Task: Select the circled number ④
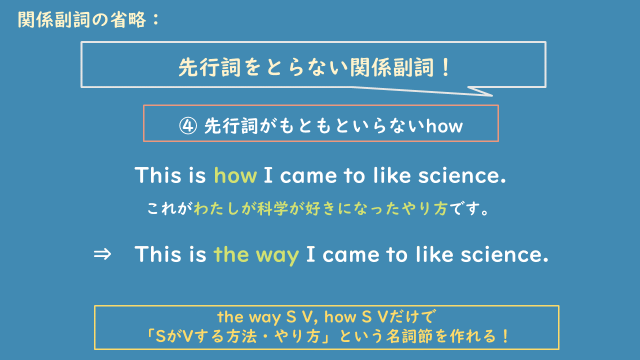[x=188, y=126]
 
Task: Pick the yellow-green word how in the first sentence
[x=235, y=176]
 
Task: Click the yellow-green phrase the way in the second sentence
[x=256, y=254]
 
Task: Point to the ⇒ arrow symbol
[x=101, y=254]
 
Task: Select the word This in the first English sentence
[x=157, y=176]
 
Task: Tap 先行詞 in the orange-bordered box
[x=227, y=126]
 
